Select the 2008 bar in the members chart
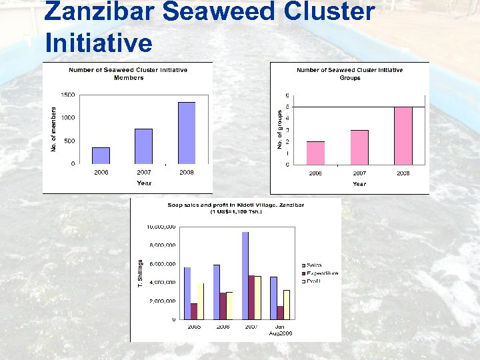click(187, 133)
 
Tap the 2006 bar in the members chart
click(101, 155)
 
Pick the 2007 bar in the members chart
click(144, 146)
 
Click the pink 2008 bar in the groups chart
click(403, 135)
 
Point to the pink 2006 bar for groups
click(315, 153)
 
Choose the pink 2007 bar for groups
click(359, 147)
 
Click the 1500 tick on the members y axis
click(67, 95)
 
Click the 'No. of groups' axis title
click(279, 129)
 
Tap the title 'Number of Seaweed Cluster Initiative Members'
click(128, 73)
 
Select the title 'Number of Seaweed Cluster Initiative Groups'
click(349, 73)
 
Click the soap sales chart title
click(235, 208)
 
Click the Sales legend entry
click(313, 265)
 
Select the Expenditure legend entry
click(321, 273)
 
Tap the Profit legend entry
click(313, 281)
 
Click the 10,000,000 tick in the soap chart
click(161, 227)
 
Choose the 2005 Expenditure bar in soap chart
click(194, 311)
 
